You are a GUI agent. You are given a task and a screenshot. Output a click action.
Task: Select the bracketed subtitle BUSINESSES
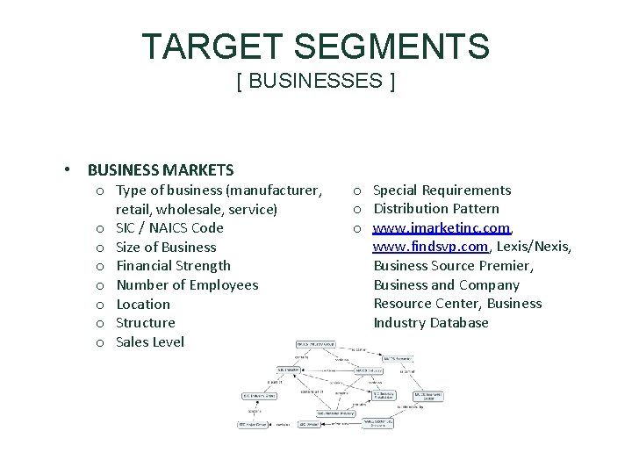pos(316,82)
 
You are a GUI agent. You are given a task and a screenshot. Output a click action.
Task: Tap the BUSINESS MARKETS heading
pos(161,170)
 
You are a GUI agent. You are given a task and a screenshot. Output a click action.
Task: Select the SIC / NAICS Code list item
pos(169,228)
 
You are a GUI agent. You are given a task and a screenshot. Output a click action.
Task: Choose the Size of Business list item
pos(166,248)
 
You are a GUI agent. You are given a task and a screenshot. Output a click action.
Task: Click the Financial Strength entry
pos(174,266)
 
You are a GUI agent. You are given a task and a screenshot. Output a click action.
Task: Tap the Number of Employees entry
pos(187,285)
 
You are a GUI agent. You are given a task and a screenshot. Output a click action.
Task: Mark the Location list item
pos(143,305)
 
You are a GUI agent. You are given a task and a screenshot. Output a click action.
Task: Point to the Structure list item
pos(146,323)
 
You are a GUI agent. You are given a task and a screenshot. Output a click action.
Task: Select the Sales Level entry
pos(150,342)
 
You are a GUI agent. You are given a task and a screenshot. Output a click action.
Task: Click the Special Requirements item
pos(442,190)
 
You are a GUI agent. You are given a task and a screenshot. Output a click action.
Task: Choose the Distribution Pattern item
pos(436,209)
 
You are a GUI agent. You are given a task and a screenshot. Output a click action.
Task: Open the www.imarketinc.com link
pos(442,228)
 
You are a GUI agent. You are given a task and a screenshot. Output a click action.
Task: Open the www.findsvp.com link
pos(430,248)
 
